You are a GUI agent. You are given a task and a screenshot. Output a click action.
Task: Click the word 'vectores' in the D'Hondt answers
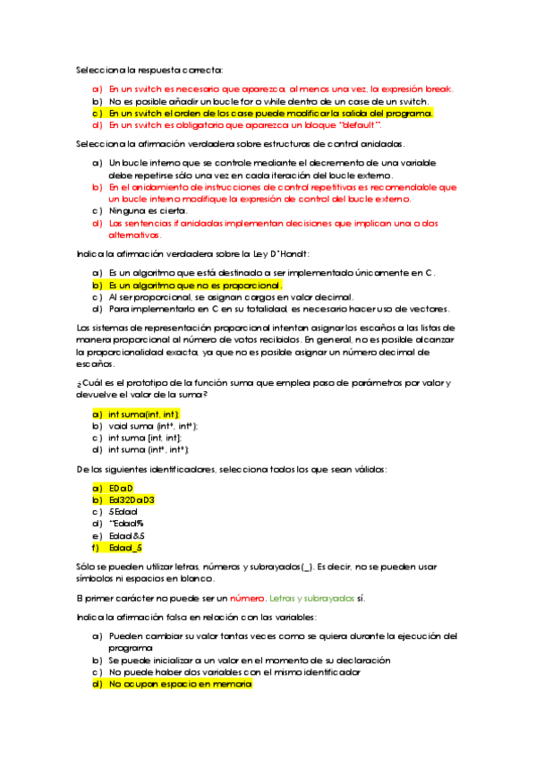424,310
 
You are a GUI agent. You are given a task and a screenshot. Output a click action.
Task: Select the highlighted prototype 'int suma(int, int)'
143,414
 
